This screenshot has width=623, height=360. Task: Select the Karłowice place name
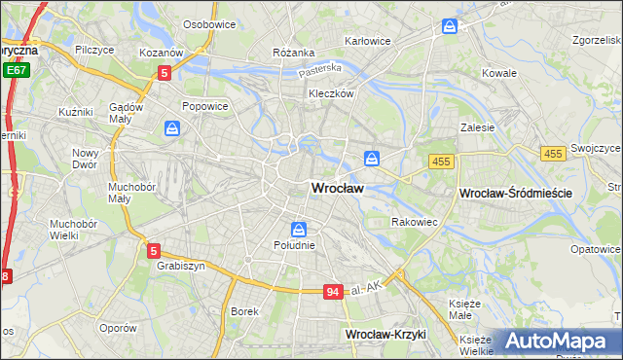click(368, 41)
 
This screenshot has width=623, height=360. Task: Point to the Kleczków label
click(330, 94)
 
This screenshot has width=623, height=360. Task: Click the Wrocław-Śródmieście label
click(515, 194)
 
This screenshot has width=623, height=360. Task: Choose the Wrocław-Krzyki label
click(386, 334)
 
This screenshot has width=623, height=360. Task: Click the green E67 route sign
click(15, 71)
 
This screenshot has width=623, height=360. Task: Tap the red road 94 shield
click(334, 292)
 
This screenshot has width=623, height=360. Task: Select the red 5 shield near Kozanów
click(165, 72)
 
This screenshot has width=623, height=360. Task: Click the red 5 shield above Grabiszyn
click(150, 248)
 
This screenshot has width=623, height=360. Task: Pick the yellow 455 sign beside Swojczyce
click(553, 154)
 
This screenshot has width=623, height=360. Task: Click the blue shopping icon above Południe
click(299, 230)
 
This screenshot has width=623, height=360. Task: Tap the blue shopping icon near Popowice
click(172, 127)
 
